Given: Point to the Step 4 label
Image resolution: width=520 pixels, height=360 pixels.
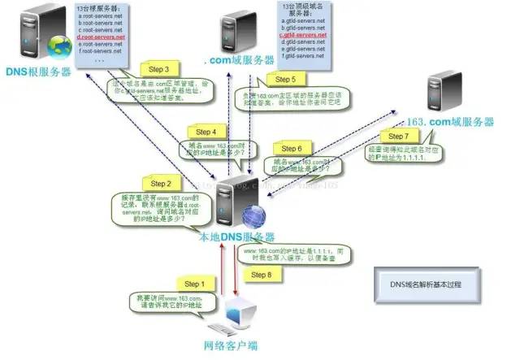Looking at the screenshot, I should (201, 132).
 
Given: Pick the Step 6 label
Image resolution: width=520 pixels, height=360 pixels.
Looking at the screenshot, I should (291, 149).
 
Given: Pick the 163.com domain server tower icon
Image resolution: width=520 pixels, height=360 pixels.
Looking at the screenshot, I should (448, 89).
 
